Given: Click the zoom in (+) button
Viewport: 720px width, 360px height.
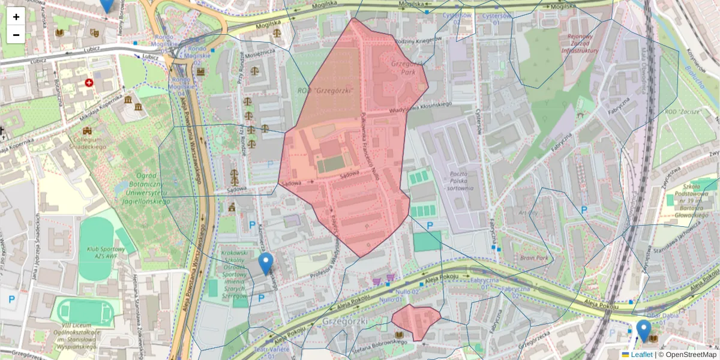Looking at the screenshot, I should point(16,17).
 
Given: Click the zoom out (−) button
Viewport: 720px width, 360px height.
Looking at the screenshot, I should point(16,35).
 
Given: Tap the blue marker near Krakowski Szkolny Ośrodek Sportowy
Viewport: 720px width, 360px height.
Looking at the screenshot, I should point(266,263).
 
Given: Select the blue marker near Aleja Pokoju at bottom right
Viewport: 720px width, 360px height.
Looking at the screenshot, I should point(644,331).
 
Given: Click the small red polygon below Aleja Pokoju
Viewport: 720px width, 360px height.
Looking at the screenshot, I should point(415,321).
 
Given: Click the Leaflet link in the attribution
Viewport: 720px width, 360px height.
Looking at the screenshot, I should point(641,355).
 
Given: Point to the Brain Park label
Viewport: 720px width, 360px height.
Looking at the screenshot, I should point(535,258).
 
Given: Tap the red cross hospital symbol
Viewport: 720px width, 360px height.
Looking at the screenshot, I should point(89,82).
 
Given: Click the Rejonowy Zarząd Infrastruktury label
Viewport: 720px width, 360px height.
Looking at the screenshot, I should point(580,43).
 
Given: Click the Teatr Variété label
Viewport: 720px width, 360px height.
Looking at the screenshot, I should point(272,349).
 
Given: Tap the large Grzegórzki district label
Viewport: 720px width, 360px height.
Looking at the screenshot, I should point(345,321).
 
